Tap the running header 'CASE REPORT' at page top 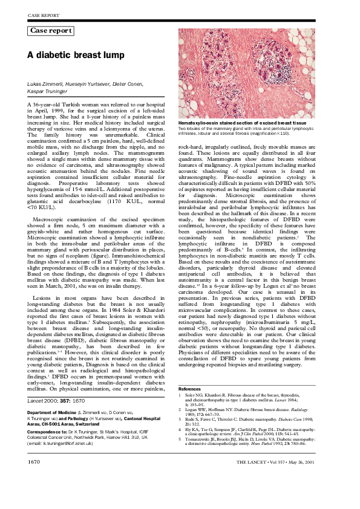(42, 13)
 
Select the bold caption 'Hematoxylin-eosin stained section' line (226, 123)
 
